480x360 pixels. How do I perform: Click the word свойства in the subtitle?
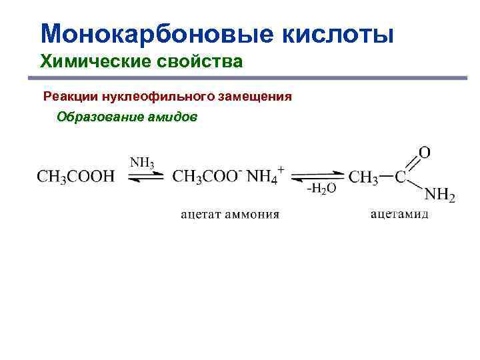pyautogui.click(x=198, y=63)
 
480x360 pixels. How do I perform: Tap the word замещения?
pyautogui.click(x=255, y=97)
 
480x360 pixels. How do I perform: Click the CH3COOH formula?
pyautogui.click(x=75, y=177)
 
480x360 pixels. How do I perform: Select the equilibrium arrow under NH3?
pyautogui.click(x=144, y=176)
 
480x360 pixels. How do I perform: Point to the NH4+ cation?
pyautogui.click(x=265, y=176)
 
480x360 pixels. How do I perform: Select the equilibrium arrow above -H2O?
pyautogui.click(x=319, y=176)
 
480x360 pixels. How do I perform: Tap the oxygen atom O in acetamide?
pyautogui.click(x=424, y=152)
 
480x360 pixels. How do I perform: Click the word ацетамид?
pyautogui.click(x=399, y=214)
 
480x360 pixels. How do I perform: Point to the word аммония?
pyautogui.click(x=254, y=214)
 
